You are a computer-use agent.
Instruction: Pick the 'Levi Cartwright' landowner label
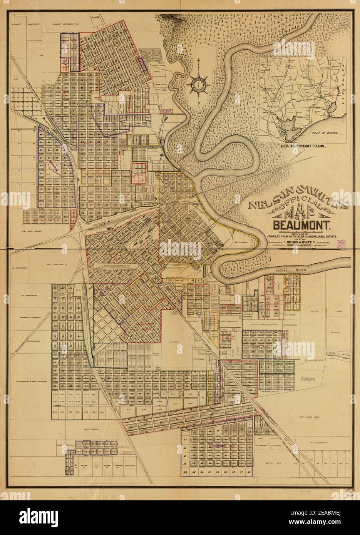point(28,296)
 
